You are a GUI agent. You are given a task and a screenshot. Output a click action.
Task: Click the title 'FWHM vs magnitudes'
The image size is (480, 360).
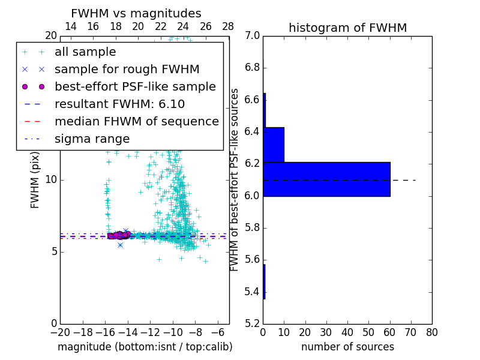click(x=136, y=13)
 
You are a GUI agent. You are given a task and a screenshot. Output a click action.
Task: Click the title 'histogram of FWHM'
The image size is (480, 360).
click(x=347, y=28)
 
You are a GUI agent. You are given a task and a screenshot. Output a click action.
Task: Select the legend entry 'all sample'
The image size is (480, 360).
click(x=85, y=52)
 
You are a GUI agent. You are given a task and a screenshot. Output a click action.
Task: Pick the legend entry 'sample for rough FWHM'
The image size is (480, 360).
click(x=127, y=70)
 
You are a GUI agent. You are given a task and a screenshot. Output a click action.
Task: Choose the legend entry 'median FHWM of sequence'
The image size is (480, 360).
click(x=136, y=121)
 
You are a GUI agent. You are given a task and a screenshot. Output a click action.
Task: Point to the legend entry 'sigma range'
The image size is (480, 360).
click(x=92, y=139)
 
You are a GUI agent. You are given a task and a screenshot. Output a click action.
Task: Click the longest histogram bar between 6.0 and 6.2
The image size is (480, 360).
click(x=326, y=179)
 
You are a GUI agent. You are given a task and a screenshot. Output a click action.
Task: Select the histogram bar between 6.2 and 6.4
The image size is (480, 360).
click(x=274, y=145)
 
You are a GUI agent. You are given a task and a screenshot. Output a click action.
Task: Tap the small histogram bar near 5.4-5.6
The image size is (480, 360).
click(x=264, y=281)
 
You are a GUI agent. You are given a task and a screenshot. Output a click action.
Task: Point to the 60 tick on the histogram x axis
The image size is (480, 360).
click(x=390, y=332)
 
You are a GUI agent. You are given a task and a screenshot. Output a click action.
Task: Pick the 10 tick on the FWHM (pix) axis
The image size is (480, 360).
click(x=50, y=180)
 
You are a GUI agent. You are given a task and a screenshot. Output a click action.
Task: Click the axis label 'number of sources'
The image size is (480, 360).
click(x=347, y=347)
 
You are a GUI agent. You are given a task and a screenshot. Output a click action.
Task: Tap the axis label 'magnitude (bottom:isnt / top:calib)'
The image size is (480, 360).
click(x=145, y=347)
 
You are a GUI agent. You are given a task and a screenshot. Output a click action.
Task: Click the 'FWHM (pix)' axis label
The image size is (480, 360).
click(x=35, y=180)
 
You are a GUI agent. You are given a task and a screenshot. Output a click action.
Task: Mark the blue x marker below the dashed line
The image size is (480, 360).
click(x=120, y=245)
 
